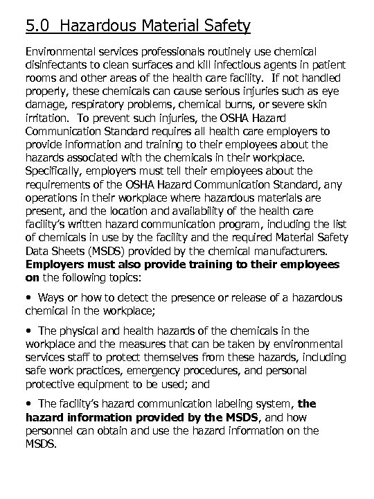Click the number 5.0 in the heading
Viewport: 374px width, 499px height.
point(37,26)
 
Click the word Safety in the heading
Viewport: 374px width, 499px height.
point(226,26)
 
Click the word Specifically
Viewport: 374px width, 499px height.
point(54,170)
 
